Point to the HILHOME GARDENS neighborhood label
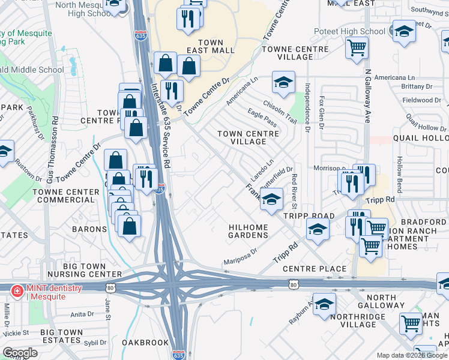tap(249, 231)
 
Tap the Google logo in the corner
tap(20, 353)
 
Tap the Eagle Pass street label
tap(262, 118)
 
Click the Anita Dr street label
tap(82, 314)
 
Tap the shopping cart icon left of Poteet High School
tap(357, 47)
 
